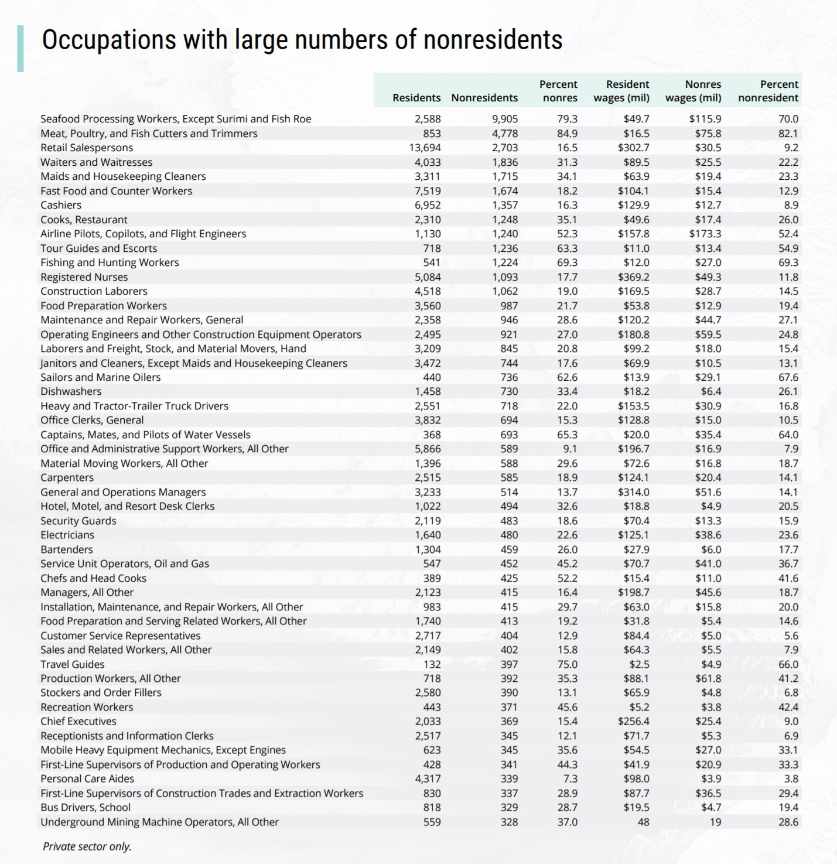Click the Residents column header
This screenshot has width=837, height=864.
[x=416, y=98]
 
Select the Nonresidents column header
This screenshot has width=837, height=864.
[x=484, y=98]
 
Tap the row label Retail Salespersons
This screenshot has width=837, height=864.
[x=87, y=148]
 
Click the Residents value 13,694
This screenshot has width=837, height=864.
[x=425, y=148]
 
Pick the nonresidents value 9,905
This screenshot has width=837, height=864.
[x=505, y=119]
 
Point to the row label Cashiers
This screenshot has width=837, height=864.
[x=61, y=205]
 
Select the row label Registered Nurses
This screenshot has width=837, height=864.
[x=84, y=277]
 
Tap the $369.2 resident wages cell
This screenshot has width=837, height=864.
[x=633, y=277]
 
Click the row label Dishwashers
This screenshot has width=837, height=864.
[x=71, y=391]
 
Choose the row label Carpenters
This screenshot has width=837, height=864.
[x=67, y=477]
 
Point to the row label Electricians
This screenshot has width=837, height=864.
[x=67, y=535]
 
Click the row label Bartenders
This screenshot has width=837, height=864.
[x=67, y=549]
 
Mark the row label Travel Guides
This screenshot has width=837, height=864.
[x=72, y=664]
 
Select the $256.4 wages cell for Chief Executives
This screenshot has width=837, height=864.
[x=633, y=721]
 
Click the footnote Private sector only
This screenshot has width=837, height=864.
[x=87, y=846]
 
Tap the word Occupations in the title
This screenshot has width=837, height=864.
[x=108, y=40]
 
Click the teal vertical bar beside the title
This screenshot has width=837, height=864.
[x=21, y=48]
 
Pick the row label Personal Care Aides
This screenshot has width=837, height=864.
[x=87, y=778]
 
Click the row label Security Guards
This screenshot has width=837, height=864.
[x=78, y=521]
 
